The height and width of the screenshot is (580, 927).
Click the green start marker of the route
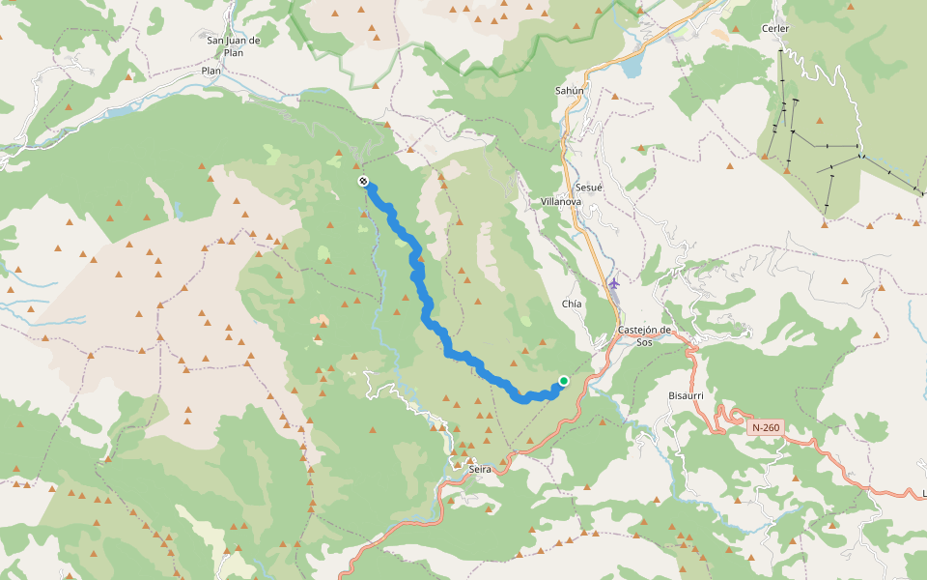pyautogui.click(x=563, y=382)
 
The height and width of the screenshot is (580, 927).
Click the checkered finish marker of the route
pyautogui.click(x=363, y=181)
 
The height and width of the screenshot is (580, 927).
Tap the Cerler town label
pyautogui.click(x=775, y=29)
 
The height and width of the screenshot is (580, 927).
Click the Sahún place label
pyautogui.click(x=570, y=90)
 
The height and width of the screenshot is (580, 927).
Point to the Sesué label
pyautogui.click(x=588, y=187)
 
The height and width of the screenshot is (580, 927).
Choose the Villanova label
pyautogui.click(x=561, y=201)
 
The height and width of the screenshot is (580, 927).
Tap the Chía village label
pyautogui.click(x=572, y=304)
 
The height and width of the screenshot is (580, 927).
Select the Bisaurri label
pyautogui.click(x=687, y=396)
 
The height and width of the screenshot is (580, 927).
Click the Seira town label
pyautogui.click(x=480, y=469)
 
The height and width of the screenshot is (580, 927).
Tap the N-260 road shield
pyautogui.click(x=766, y=427)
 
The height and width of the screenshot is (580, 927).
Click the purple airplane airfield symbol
pyautogui.click(x=614, y=283)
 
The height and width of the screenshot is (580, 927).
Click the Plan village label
pyautogui.click(x=211, y=72)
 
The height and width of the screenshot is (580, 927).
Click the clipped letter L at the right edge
pyautogui.click(x=923, y=494)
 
